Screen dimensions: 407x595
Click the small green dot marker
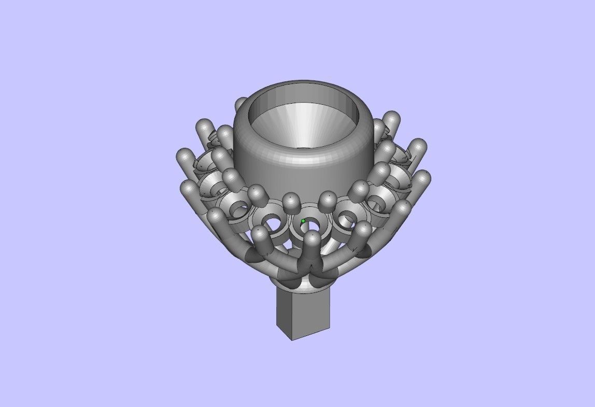pyautogui.click(x=303, y=221)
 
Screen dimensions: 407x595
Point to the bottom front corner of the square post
pyautogui.click(x=293, y=340)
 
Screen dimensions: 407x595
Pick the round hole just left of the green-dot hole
pyautogui.click(x=271, y=223)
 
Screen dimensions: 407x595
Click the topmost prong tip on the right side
pyautogui.click(x=392, y=118)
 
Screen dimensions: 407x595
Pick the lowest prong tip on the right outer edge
pyautogui.click(x=402, y=208)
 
